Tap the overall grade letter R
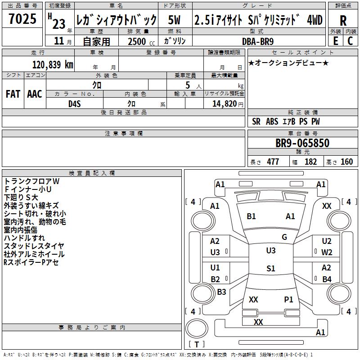(x=343, y=20)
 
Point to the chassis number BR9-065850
(x=302, y=144)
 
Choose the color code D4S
(x=74, y=103)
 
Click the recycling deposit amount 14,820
(x=224, y=103)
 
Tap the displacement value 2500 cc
(x=137, y=41)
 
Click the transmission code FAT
(x=13, y=94)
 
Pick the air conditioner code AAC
(x=34, y=94)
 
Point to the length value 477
(x=273, y=162)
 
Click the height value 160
(x=346, y=162)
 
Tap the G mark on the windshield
(x=284, y=237)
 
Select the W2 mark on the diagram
(x=327, y=252)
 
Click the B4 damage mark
(x=327, y=279)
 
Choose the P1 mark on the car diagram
(x=288, y=299)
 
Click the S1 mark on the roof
(x=270, y=269)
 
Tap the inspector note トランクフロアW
(x=31, y=181)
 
